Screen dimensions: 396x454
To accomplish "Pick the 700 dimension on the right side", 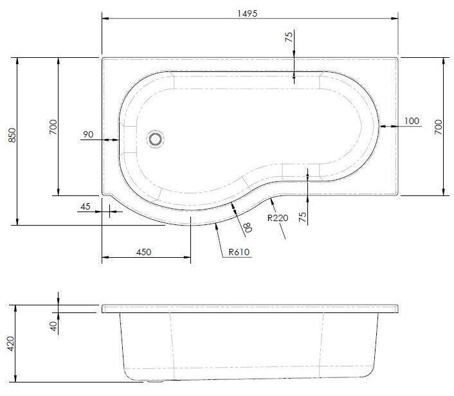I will click(439, 126).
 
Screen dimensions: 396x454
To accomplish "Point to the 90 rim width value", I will click(88, 134).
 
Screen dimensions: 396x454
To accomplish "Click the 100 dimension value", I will click(411, 122).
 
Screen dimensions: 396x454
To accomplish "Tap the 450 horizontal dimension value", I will click(143, 252).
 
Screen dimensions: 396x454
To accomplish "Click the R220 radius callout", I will click(278, 217).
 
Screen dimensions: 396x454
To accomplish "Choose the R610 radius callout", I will click(239, 252).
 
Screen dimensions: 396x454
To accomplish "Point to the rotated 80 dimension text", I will click(246, 226).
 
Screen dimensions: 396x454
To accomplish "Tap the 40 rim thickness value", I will click(53, 326).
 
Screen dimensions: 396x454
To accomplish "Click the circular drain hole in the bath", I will click(155, 138).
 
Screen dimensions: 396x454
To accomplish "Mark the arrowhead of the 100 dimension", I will click(383, 127).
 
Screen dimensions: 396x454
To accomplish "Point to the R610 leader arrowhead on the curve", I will click(213, 226).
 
